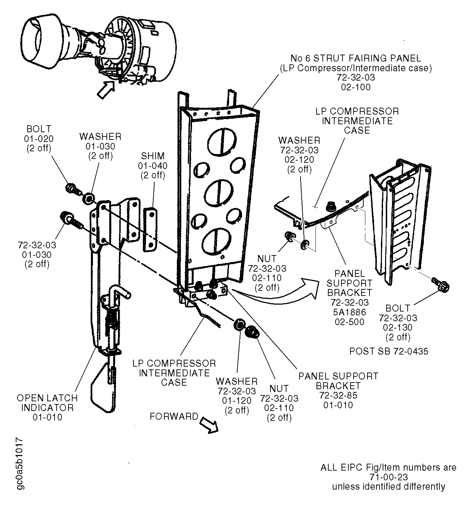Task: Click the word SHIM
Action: [x=153, y=156]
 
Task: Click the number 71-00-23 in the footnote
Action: [x=388, y=477]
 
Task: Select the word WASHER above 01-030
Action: [x=100, y=137]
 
